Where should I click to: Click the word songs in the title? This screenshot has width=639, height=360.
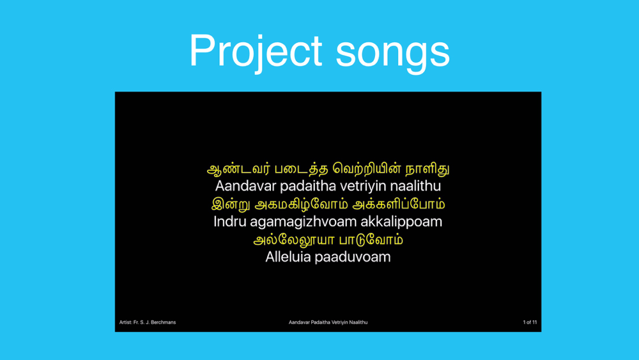tap(393, 53)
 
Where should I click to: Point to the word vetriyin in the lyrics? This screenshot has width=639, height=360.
tap(364, 186)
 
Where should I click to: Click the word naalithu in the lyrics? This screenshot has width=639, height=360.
tap(415, 186)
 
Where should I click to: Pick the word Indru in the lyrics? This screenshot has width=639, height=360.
tap(230, 221)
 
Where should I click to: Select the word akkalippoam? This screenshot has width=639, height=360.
tap(401, 222)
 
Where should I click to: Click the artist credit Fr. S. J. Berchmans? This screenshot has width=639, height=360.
tap(155, 322)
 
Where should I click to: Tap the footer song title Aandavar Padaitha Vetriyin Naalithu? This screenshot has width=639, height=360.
tap(328, 322)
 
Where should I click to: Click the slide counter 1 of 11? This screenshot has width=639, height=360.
tap(530, 322)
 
